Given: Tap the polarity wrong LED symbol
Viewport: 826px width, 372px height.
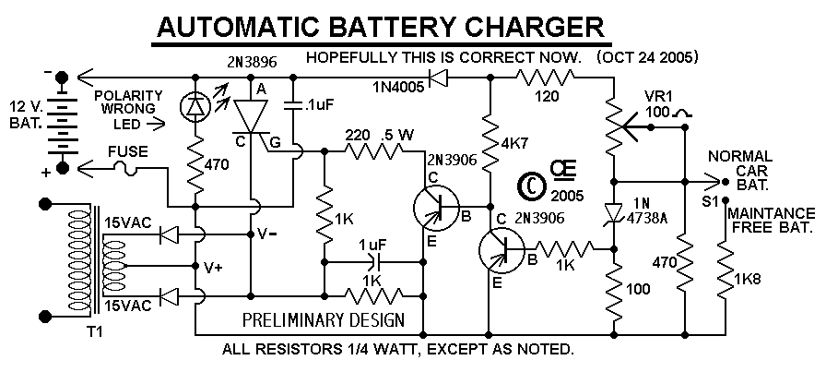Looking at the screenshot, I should point(196,107).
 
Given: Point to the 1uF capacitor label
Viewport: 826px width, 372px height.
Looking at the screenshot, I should point(372,245).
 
